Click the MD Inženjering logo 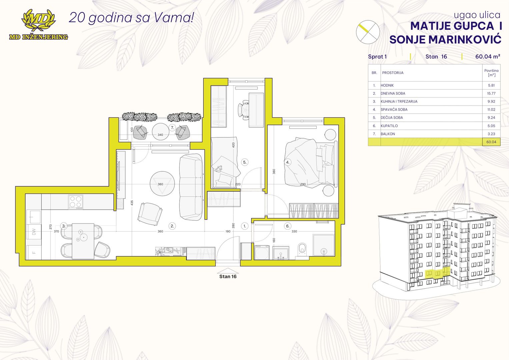[x=38, y=24]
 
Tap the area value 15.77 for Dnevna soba [x=491, y=93]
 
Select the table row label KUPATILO [x=389, y=126]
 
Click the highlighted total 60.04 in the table [x=491, y=142]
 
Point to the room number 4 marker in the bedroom [x=288, y=162]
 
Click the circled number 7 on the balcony [x=172, y=128]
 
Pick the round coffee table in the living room [x=162, y=183]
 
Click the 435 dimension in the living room [x=132, y=203]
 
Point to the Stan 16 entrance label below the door [x=228, y=276]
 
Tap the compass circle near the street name [x=368, y=32]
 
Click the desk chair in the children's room [x=244, y=110]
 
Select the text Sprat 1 [x=377, y=57]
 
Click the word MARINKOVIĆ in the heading [x=465, y=39]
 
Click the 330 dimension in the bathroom [x=294, y=231]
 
